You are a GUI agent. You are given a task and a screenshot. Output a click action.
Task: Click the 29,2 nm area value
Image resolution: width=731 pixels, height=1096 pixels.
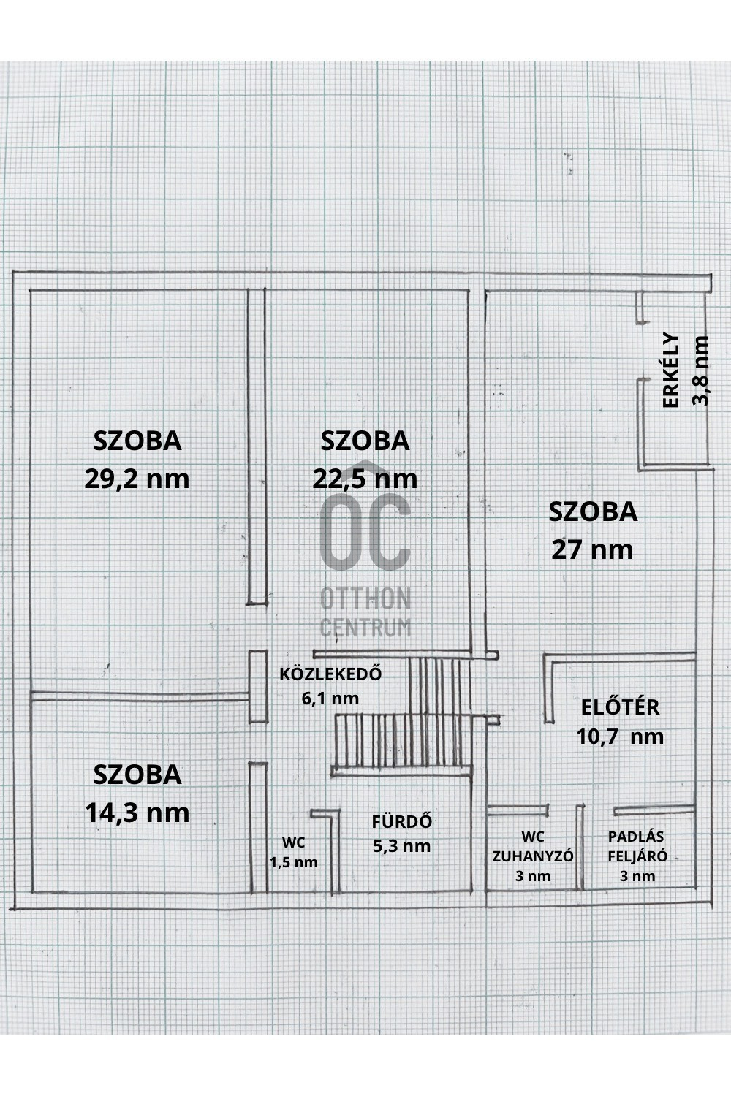[137, 479]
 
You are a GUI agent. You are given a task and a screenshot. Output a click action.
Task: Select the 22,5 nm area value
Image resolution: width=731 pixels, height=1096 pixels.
[365, 479]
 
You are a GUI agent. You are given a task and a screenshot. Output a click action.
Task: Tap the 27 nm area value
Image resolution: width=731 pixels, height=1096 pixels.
[592, 549]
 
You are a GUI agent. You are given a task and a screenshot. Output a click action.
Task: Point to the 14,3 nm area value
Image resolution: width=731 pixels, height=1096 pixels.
[137, 813]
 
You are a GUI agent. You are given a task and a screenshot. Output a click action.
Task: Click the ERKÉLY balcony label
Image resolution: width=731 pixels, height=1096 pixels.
[671, 370]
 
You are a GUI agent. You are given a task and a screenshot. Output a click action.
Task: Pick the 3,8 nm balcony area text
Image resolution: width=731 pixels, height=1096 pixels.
[701, 370]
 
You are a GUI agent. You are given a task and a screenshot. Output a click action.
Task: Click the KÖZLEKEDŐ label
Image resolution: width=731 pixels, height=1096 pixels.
[330, 674]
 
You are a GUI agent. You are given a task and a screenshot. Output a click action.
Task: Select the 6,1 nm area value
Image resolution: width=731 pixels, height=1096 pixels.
[330, 698]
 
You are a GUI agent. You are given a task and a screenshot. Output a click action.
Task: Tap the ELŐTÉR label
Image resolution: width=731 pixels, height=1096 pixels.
[620, 707]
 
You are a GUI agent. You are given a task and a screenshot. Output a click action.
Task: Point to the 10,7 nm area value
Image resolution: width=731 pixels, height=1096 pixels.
[620, 736]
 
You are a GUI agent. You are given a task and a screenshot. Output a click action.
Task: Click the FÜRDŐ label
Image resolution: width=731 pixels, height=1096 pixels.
[401, 821]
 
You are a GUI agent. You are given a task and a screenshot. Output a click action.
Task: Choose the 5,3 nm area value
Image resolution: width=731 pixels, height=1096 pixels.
[401, 846]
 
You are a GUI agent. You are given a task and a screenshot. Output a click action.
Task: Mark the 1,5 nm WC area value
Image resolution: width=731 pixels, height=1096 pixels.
[294, 862]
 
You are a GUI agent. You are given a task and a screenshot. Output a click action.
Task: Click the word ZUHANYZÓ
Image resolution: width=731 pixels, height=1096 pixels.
[533, 856]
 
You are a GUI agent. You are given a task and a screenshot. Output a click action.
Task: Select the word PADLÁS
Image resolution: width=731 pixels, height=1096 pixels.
[636, 837]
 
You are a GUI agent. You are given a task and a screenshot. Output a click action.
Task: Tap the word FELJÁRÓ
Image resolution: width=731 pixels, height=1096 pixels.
[637, 856]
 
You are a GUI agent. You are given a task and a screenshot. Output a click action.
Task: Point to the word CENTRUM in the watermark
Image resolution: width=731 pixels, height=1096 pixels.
[365, 627]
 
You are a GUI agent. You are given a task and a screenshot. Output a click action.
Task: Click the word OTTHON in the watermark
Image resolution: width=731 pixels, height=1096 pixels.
[365, 600]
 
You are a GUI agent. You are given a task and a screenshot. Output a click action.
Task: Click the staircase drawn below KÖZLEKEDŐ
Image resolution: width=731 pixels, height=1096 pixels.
[402, 738]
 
